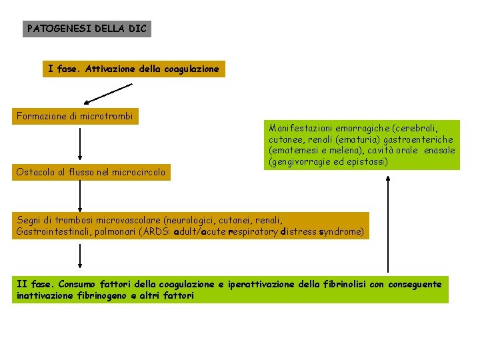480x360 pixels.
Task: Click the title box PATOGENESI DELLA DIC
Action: point(87,29)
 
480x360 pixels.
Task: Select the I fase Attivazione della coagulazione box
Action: point(134,69)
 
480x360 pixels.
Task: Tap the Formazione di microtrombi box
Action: point(75,117)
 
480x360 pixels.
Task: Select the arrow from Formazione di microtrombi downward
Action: point(80,144)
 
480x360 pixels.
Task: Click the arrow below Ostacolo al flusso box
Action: point(80,196)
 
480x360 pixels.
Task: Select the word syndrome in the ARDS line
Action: point(343,231)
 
